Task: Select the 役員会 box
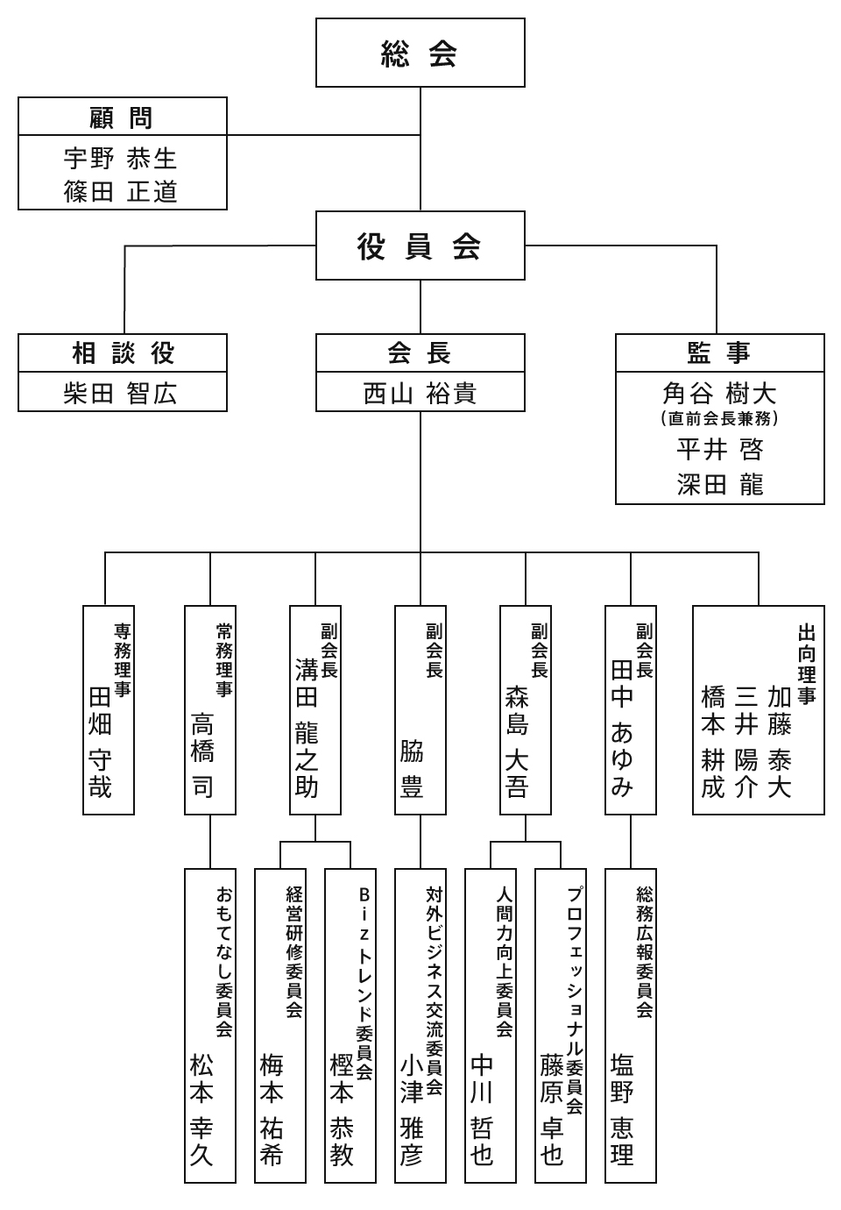pyautogui.click(x=420, y=246)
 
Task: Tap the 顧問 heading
pyautogui.click(x=122, y=117)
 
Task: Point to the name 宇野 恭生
pyautogui.click(x=121, y=159)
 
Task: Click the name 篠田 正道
pyautogui.click(x=121, y=191)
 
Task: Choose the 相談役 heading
pyautogui.click(x=123, y=353)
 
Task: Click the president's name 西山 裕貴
pyautogui.click(x=420, y=393)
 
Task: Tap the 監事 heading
pyautogui.click(x=719, y=353)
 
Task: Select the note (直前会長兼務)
pyautogui.click(x=719, y=419)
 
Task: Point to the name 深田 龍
pyautogui.click(x=719, y=484)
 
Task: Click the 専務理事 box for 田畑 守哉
pyautogui.click(x=109, y=710)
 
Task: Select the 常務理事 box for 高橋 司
pyautogui.click(x=210, y=710)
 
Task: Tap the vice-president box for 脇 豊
pyautogui.click(x=420, y=710)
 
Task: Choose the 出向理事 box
pyautogui.click(x=758, y=710)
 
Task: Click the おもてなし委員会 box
pyautogui.click(x=210, y=1026)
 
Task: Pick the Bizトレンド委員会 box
pyautogui.click(x=350, y=1026)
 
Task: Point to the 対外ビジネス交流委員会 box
pyautogui.click(x=420, y=1026)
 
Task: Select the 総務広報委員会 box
pyautogui.click(x=631, y=1026)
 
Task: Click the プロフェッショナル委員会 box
pyautogui.click(x=561, y=1026)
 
